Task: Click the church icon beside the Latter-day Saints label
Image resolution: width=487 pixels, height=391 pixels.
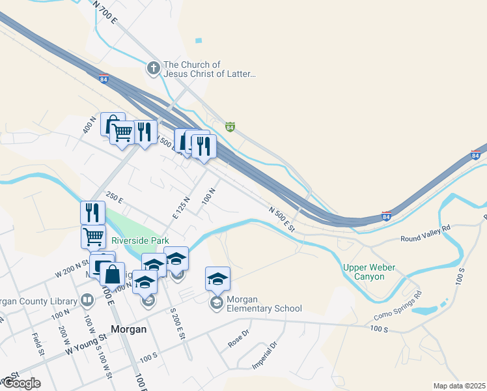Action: [x=153, y=68]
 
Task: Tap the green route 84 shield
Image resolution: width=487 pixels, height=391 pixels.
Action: [x=230, y=126]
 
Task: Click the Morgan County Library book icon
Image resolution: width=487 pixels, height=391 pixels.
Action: [x=87, y=300]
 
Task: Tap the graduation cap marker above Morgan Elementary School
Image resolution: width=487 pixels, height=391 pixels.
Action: [x=217, y=280]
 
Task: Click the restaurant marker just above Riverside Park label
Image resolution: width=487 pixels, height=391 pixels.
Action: [x=92, y=213]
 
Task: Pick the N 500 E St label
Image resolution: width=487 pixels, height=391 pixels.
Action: [x=282, y=219]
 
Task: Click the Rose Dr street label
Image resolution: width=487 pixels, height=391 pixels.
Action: [x=238, y=338]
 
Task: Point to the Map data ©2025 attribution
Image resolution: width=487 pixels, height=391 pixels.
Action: [x=459, y=386]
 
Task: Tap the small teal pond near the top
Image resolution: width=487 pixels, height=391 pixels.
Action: [x=199, y=40]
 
